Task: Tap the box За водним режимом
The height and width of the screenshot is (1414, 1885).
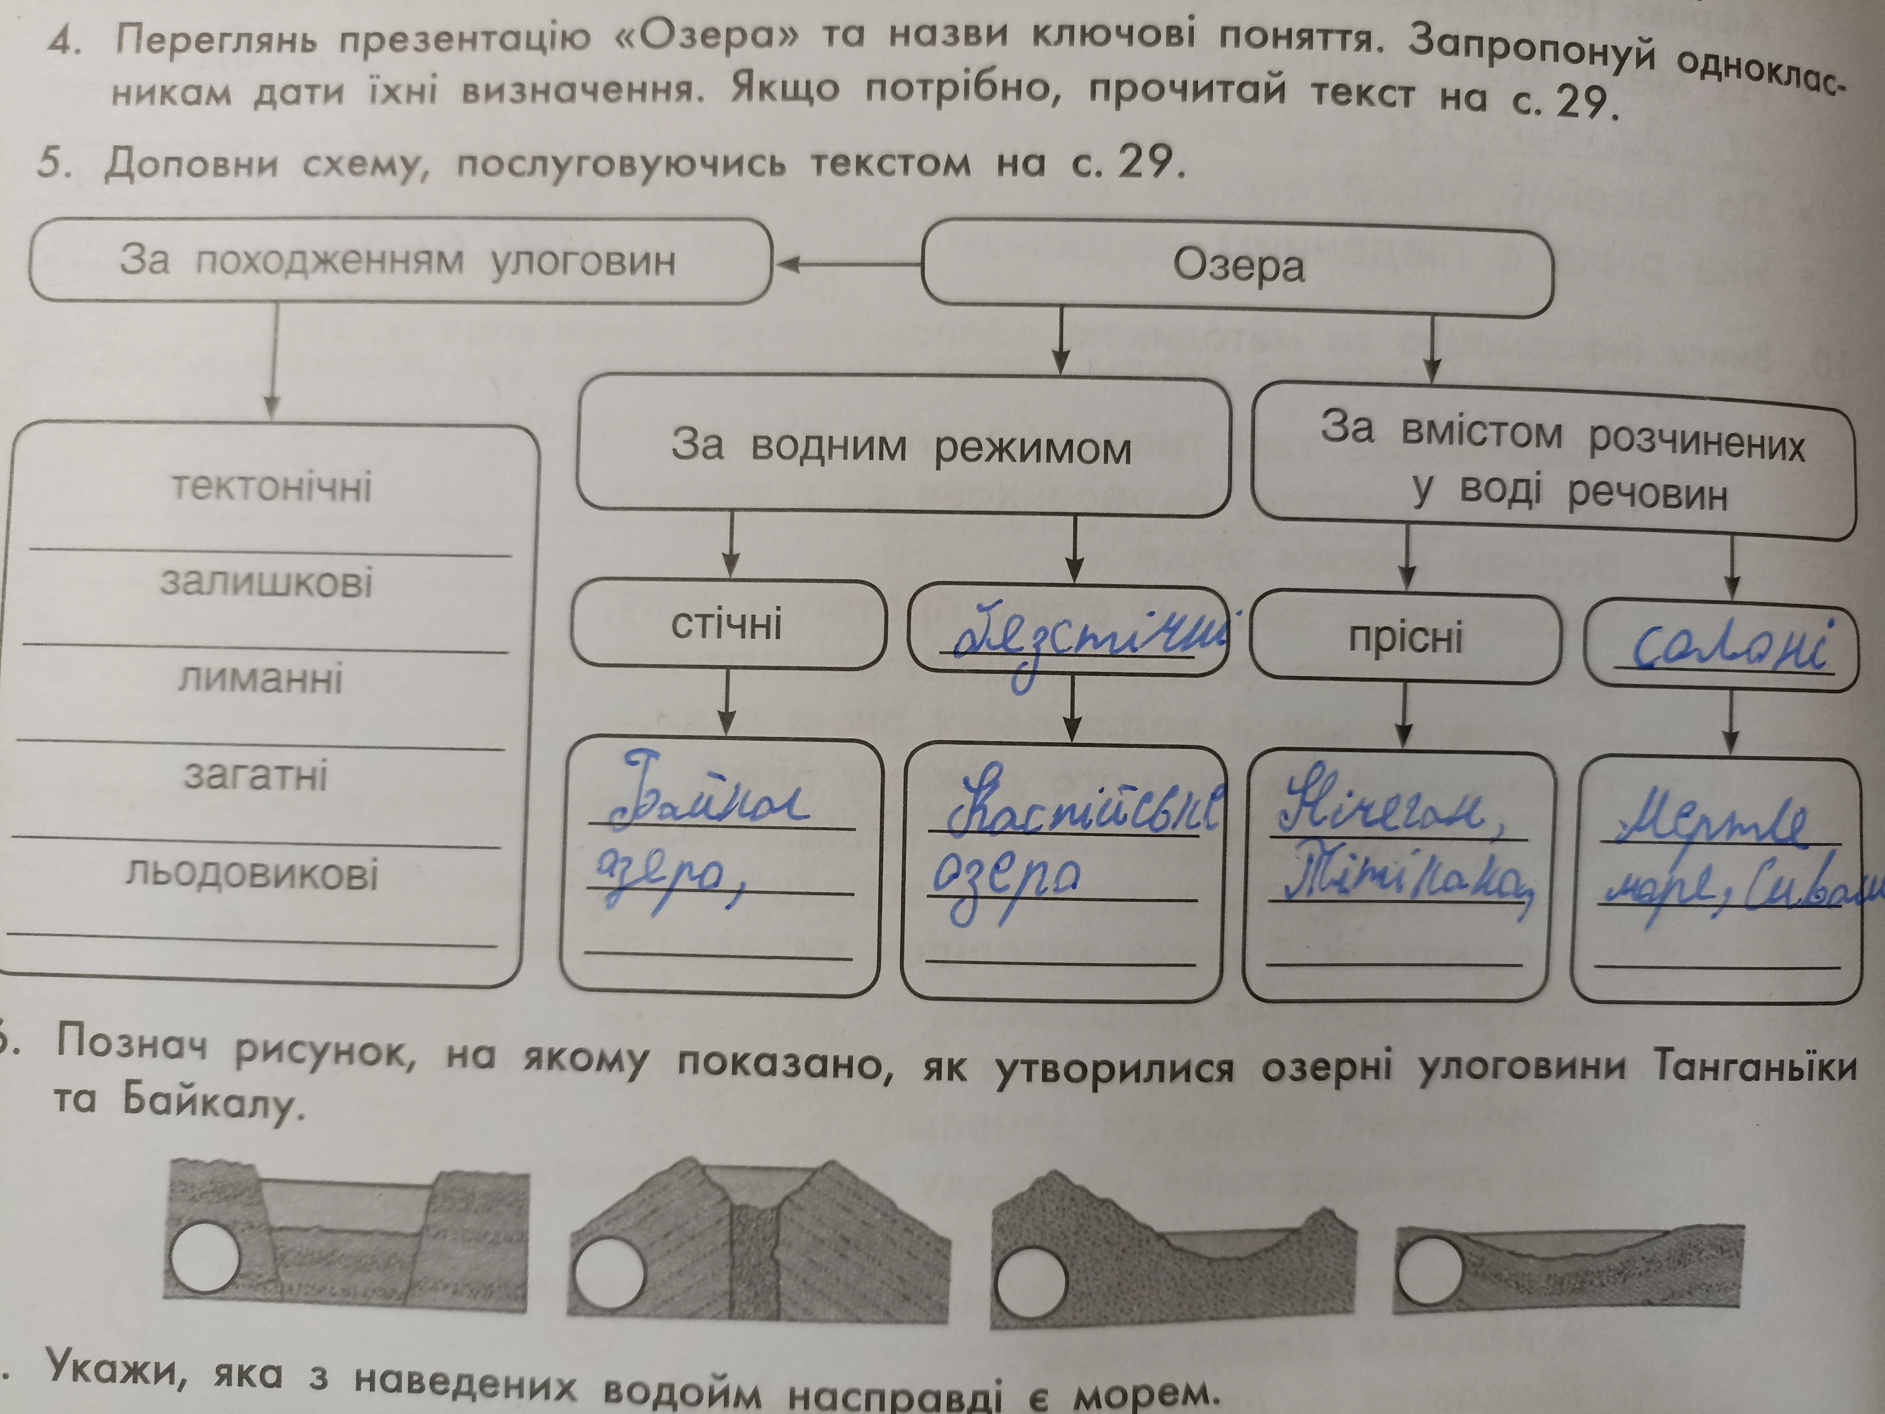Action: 902,446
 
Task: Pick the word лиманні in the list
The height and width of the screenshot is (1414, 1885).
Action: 261,679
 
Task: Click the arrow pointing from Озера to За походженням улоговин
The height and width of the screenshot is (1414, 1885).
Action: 848,265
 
